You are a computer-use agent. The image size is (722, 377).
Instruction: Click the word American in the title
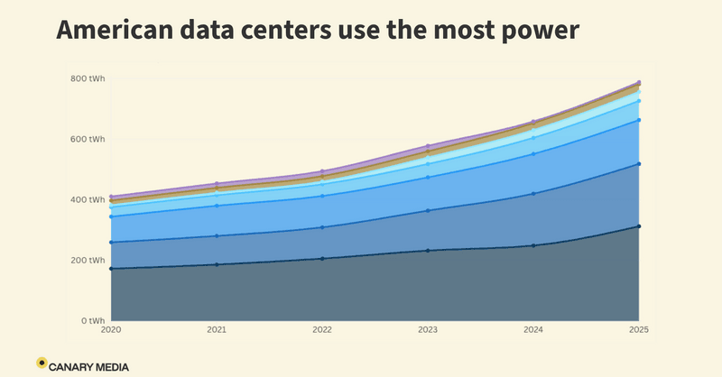[x=116, y=30]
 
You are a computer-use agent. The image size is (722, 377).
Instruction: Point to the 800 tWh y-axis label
[x=88, y=78]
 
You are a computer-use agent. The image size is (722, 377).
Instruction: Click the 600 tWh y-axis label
[x=88, y=139]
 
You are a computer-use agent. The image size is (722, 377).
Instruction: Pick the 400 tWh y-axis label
[x=88, y=200]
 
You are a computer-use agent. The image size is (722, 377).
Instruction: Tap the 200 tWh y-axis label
[x=88, y=260]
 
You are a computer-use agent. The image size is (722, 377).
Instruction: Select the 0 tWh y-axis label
[x=93, y=321]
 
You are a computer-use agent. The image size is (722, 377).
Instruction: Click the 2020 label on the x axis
[x=111, y=329]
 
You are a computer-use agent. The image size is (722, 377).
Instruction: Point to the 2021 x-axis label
[x=217, y=329]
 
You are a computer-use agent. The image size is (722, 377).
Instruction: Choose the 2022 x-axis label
[x=322, y=329]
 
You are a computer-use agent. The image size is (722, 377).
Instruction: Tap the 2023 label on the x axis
[x=428, y=329]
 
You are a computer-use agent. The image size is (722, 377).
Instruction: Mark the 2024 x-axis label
[x=533, y=329]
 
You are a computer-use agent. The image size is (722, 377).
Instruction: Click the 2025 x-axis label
[x=639, y=329]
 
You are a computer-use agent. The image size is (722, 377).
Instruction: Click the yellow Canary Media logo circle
[x=42, y=363]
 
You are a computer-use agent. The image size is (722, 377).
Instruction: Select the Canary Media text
[x=88, y=367]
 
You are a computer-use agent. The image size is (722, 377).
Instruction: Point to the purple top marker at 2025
[x=639, y=83]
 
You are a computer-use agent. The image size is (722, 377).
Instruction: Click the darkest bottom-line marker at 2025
[x=639, y=226]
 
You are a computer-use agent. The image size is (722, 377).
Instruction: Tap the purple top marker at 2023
[x=428, y=146]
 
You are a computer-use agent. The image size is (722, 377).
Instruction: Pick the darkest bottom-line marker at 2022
[x=322, y=259]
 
